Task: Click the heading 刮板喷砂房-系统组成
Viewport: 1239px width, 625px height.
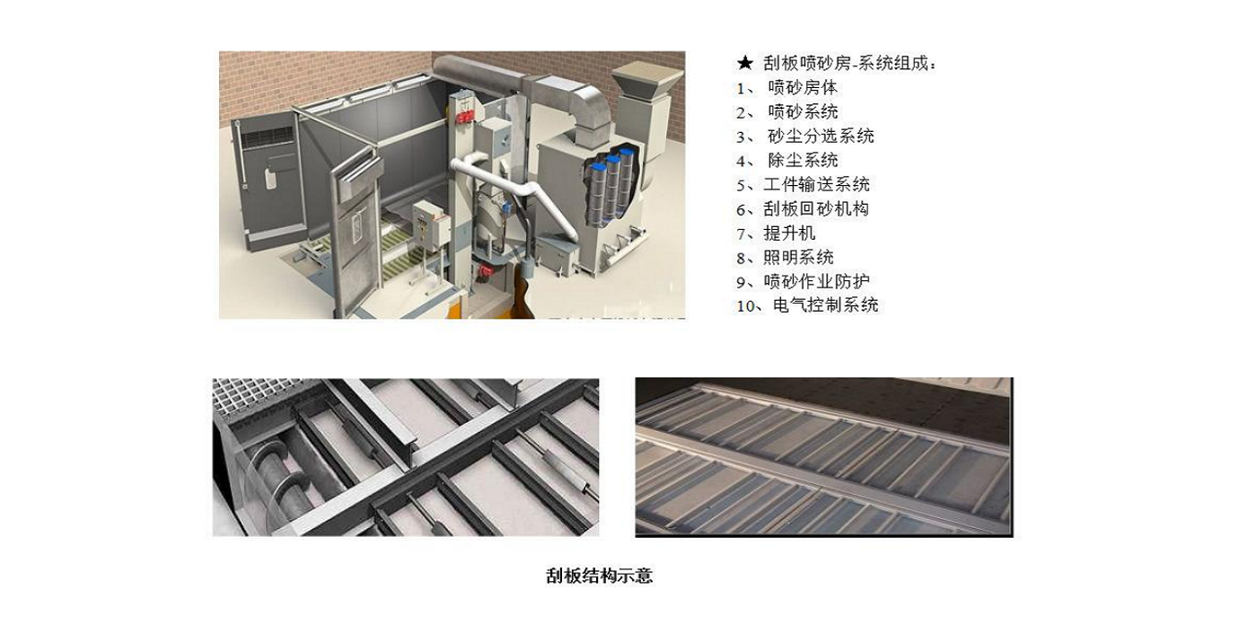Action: tap(849, 64)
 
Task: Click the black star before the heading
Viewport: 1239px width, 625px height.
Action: tap(744, 64)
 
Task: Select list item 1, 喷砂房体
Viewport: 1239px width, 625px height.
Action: tap(803, 88)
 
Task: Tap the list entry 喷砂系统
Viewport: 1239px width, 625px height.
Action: tap(803, 112)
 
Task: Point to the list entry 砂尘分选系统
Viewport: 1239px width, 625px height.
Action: tap(821, 136)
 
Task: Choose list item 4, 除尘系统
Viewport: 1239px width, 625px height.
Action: tap(803, 161)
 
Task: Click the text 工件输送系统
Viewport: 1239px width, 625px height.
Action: tap(816, 185)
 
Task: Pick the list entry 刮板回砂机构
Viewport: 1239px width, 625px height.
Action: tap(816, 209)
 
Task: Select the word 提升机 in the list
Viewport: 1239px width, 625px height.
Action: tap(789, 233)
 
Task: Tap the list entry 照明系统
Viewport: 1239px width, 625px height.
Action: tap(798, 258)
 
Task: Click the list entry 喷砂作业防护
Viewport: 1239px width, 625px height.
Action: tap(816, 282)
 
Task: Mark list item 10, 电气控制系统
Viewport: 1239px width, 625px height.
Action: tap(825, 306)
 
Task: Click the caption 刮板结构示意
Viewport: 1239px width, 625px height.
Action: tap(599, 577)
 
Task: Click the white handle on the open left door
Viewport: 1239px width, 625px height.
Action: tap(270, 179)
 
